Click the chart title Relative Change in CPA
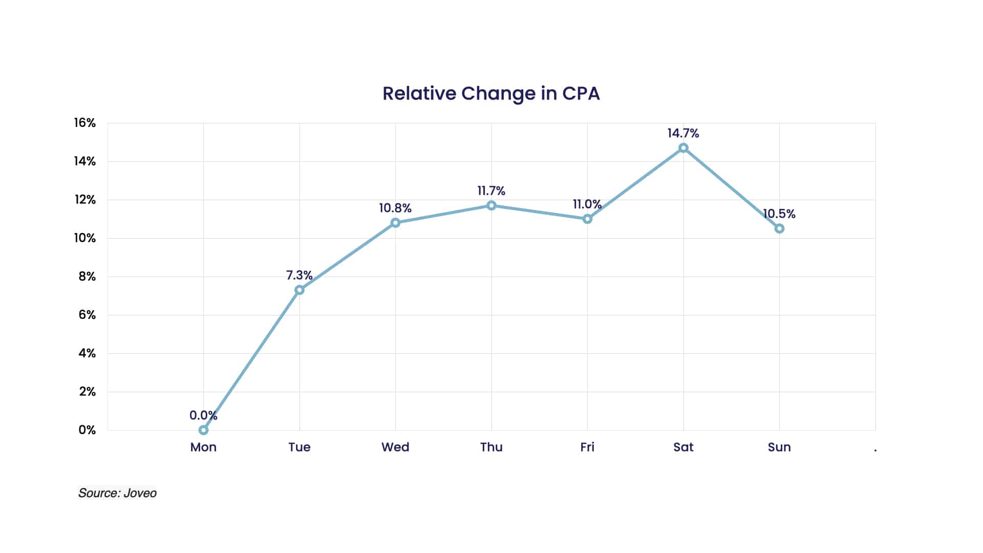[x=491, y=94]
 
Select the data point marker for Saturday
[x=683, y=148]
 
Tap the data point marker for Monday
[x=203, y=430]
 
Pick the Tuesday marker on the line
[x=300, y=290]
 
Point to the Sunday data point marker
[x=779, y=228]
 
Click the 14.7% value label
[x=683, y=133]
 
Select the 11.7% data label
[x=491, y=191]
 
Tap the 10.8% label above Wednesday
[x=395, y=208]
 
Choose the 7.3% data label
[x=299, y=275]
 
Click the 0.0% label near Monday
[x=203, y=415]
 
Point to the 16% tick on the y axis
[x=85, y=123]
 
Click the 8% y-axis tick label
[x=87, y=276]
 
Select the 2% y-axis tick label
[x=87, y=392]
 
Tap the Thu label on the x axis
[x=491, y=447]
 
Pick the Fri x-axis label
[x=587, y=447]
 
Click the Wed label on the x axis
[x=395, y=447]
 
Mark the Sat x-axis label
[x=683, y=447]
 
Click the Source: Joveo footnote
[x=117, y=493]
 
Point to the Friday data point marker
[x=587, y=219]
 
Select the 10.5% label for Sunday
[x=779, y=214]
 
